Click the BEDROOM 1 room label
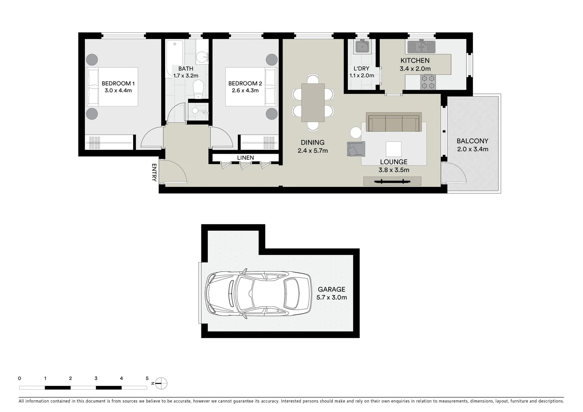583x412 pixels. pyautogui.click(x=118, y=84)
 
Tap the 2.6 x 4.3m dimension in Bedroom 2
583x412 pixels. pyautogui.click(x=245, y=90)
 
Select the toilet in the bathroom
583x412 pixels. pyautogui.click(x=198, y=89)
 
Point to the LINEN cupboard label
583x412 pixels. pyautogui.click(x=245, y=158)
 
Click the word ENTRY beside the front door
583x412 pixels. pyautogui.click(x=154, y=172)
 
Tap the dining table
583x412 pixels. pyautogui.click(x=313, y=102)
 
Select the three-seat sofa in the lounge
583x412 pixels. pyautogui.click(x=393, y=122)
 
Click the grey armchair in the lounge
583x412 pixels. pyautogui.click(x=355, y=149)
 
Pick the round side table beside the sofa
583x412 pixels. pyautogui.click(x=356, y=132)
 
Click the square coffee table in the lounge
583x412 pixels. pyautogui.click(x=393, y=149)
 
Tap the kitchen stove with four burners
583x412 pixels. pyautogui.click(x=428, y=82)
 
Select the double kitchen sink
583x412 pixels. pyautogui.click(x=421, y=47)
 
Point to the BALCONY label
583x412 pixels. pyautogui.click(x=472, y=141)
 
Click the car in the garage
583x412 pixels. pyautogui.click(x=258, y=294)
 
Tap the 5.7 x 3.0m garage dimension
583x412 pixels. pyautogui.click(x=331, y=298)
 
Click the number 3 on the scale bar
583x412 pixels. pyautogui.click(x=96, y=378)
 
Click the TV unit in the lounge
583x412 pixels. pyautogui.click(x=392, y=181)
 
